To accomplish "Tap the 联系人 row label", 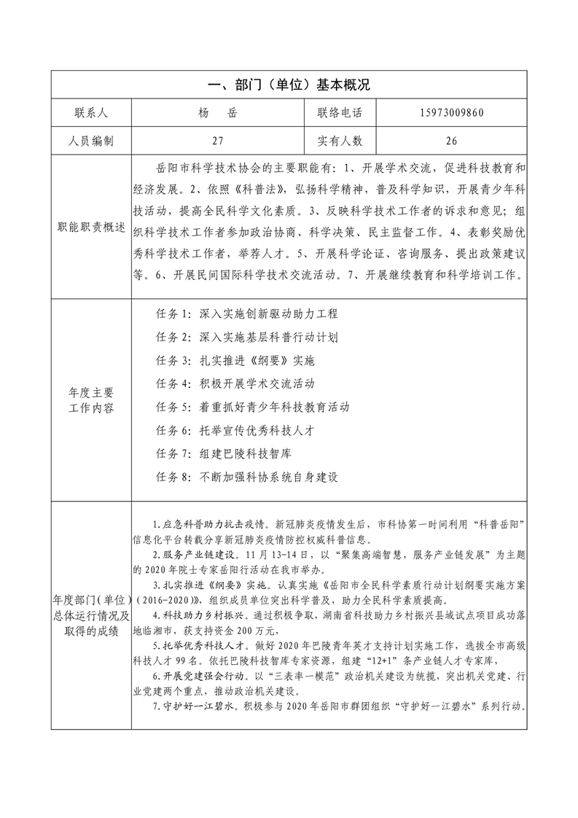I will [91, 113].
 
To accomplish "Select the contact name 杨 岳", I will [216, 113].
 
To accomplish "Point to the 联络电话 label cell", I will [340, 113].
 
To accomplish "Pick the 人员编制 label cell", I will [91, 141].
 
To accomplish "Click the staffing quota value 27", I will [216, 141].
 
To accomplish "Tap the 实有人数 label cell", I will [340, 141].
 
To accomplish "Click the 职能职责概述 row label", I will [91, 227].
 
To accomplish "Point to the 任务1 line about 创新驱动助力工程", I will [248, 314].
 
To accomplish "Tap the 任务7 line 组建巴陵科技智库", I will [224, 453].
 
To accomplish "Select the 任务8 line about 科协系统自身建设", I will [248, 476].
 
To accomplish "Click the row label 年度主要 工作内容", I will [91, 400].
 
